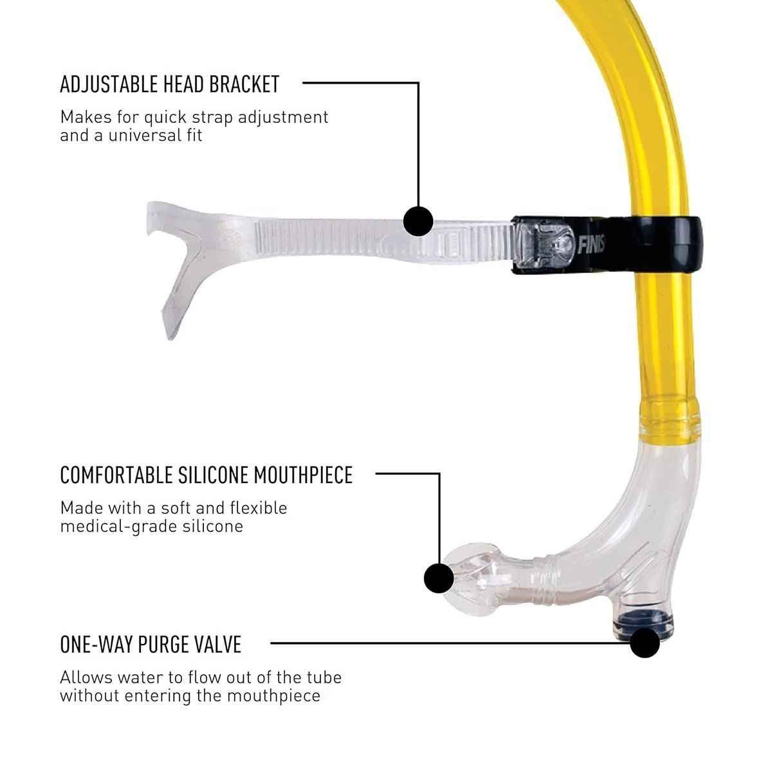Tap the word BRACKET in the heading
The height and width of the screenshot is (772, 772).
[248, 84]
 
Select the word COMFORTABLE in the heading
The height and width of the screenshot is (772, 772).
[116, 475]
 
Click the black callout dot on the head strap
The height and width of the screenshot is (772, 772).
[418, 221]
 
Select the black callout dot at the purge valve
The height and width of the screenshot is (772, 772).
[644, 643]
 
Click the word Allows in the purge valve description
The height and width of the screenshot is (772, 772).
[81, 677]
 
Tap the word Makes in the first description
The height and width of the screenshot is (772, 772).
[81, 118]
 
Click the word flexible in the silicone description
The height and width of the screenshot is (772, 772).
[258, 508]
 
